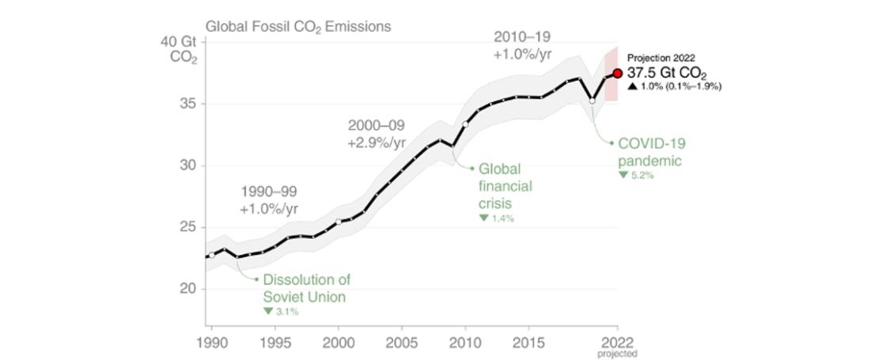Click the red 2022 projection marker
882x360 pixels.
coord(618,74)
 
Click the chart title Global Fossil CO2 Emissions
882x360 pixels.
coord(298,26)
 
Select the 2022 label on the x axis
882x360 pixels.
coord(617,343)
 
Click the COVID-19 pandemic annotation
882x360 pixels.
coord(651,152)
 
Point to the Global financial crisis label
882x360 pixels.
coord(505,187)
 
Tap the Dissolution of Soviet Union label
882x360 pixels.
coord(306,289)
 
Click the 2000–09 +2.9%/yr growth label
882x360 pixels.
coord(376,135)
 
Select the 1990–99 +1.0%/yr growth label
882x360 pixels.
coord(269,200)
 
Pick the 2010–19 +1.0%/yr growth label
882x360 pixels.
coord(522,45)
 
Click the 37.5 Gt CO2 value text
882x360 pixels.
coord(667,73)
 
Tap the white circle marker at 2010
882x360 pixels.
coord(465,124)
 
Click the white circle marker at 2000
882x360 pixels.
coord(339,222)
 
